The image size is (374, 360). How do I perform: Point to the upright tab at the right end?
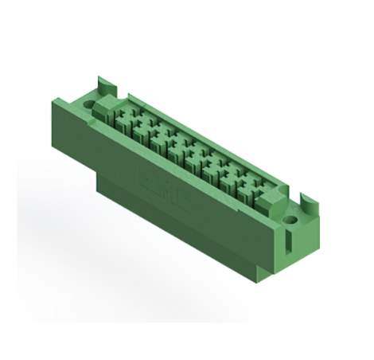(x=305, y=199)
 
